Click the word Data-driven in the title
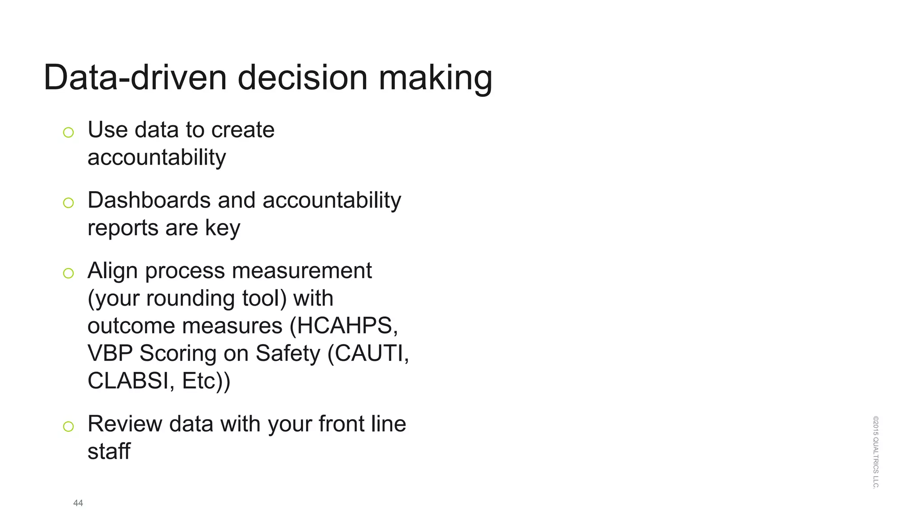tap(135, 78)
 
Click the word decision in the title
tap(302, 78)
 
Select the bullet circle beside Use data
tap(68, 132)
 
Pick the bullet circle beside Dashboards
tap(68, 203)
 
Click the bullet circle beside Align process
tap(68, 273)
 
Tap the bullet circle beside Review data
tap(68, 426)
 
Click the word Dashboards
tap(149, 200)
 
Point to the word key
tap(223, 228)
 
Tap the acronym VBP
tap(110, 353)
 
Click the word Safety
tap(288, 354)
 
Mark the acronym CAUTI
tap(370, 353)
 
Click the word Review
tap(125, 424)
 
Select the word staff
tap(109, 451)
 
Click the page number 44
tap(78, 503)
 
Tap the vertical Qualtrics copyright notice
tap(875, 452)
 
